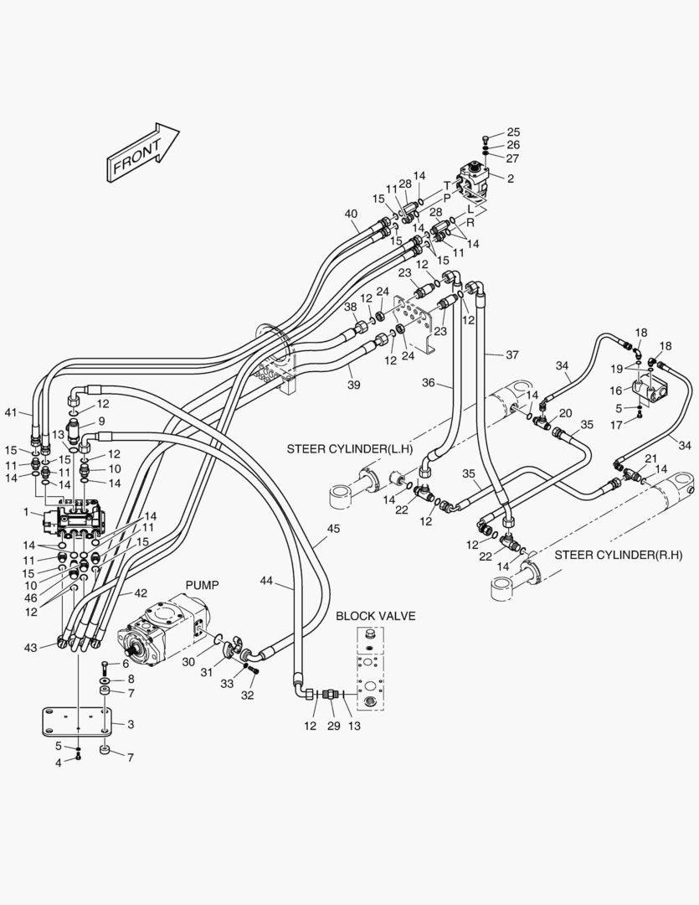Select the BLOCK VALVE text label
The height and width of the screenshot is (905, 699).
coord(375,616)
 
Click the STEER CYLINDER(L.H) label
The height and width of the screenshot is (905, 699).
coord(350,449)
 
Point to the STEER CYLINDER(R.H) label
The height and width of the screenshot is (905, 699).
coord(619,555)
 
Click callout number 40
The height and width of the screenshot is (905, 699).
coord(352,214)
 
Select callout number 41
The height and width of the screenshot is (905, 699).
coord(11,411)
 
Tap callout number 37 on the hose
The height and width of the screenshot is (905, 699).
coord(512,354)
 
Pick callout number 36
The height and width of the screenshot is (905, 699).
coord(429,384)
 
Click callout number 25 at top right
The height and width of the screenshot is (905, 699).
coord(513,132)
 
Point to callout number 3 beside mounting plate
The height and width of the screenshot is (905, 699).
coord(131,723)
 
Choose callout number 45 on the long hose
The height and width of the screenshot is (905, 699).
coord(333,529)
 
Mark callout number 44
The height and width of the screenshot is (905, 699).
coord(267,582)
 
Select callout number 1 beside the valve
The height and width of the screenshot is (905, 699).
coord(26,512)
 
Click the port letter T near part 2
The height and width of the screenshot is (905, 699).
coord(446,184)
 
